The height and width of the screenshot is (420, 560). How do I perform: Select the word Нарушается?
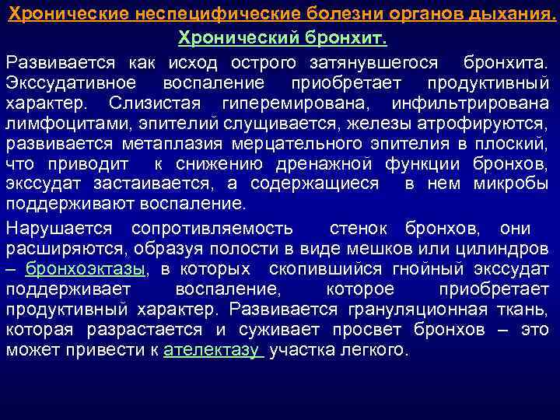coord(58,229)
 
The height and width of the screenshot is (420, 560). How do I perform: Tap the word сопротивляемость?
coord(212,229)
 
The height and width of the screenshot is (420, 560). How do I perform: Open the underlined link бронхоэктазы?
coord(86,270)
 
